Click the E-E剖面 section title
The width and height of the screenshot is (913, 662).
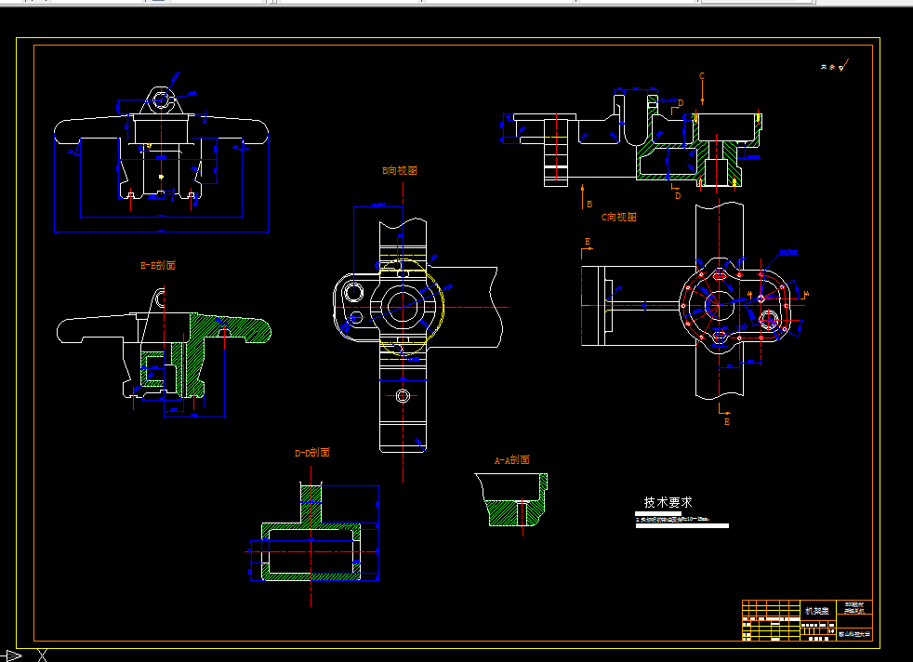[x=157, y=265]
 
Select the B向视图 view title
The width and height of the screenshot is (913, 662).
[x=400, y=171]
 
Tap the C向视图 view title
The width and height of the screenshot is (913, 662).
[x=618, y=217]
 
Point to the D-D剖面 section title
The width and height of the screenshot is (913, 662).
[x=311, y=453]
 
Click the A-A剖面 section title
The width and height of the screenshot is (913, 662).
[x=511, y=460]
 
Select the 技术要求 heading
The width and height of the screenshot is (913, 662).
[x=668, y=501]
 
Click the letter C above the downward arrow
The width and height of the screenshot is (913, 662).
[x=702, y=75]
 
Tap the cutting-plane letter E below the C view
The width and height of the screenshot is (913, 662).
[x=727, y=421]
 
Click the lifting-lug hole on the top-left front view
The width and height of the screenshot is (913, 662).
[x=162, y=99]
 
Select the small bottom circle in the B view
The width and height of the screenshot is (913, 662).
[x=402, y=397]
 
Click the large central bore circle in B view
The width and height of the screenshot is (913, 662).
[x=403, y=305]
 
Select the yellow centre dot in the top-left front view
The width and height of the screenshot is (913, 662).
[x=161, y=176]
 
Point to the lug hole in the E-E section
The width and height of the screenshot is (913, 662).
[x=162, y=299]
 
